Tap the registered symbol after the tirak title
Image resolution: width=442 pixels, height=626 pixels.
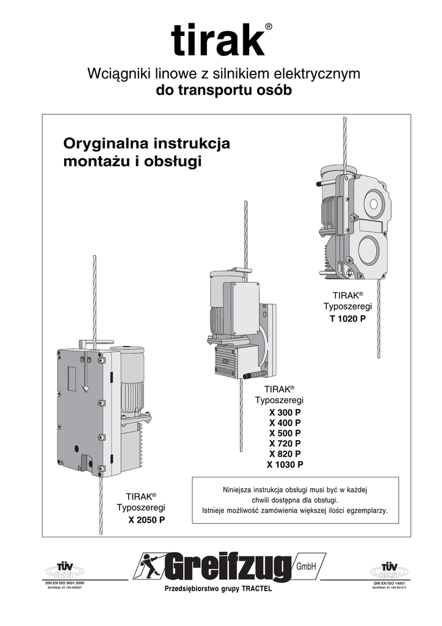(x=269, y=26)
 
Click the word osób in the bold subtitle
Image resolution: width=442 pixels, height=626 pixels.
(x=276, y=91)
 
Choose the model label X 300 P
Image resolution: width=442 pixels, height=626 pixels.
(x=284, y=412)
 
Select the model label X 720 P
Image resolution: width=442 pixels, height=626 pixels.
(x=284, y=443)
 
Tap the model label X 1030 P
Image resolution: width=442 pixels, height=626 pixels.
(x=284, y=465)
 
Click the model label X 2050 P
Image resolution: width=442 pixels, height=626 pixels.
(x=147, y=520)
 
